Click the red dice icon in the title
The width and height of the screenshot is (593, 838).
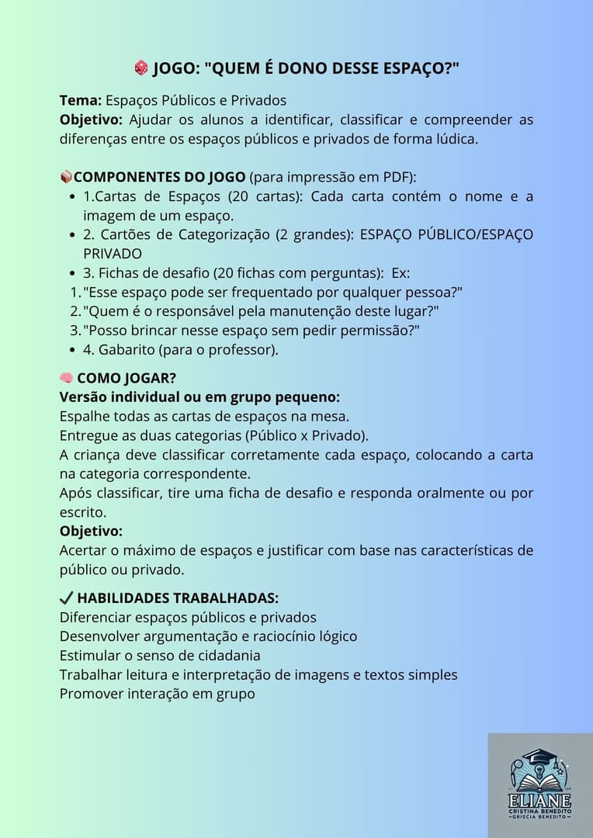coord(140,68)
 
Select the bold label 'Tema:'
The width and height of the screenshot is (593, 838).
coord(81,100)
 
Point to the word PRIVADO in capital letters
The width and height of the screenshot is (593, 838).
coord(113,253)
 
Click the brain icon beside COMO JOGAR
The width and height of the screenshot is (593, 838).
coord(66,378)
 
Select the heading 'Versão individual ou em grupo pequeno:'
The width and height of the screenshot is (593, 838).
coord(199,397)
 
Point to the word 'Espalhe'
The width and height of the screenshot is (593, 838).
coord(85,416)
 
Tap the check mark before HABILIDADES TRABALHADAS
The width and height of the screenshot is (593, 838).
coord(66,598)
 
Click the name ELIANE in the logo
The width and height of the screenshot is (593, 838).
coord(540,801)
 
